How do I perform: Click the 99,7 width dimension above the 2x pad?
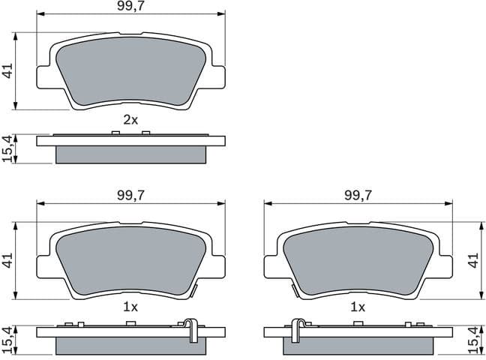tap(130, 7)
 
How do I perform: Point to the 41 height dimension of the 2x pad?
tap(8, 71)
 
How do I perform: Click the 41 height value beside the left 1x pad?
tap(8, 260)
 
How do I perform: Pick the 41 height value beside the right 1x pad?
tap(473, 260)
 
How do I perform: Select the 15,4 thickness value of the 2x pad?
tap(8, 148)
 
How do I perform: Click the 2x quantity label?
tap(130, 119)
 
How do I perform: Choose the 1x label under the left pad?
tap(130, 307)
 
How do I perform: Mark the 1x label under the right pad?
tap(358, 307)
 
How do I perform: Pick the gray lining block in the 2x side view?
tap(130, 154)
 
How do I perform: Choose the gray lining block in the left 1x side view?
tap(130, 345)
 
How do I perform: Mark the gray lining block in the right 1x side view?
tap(358, 345)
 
